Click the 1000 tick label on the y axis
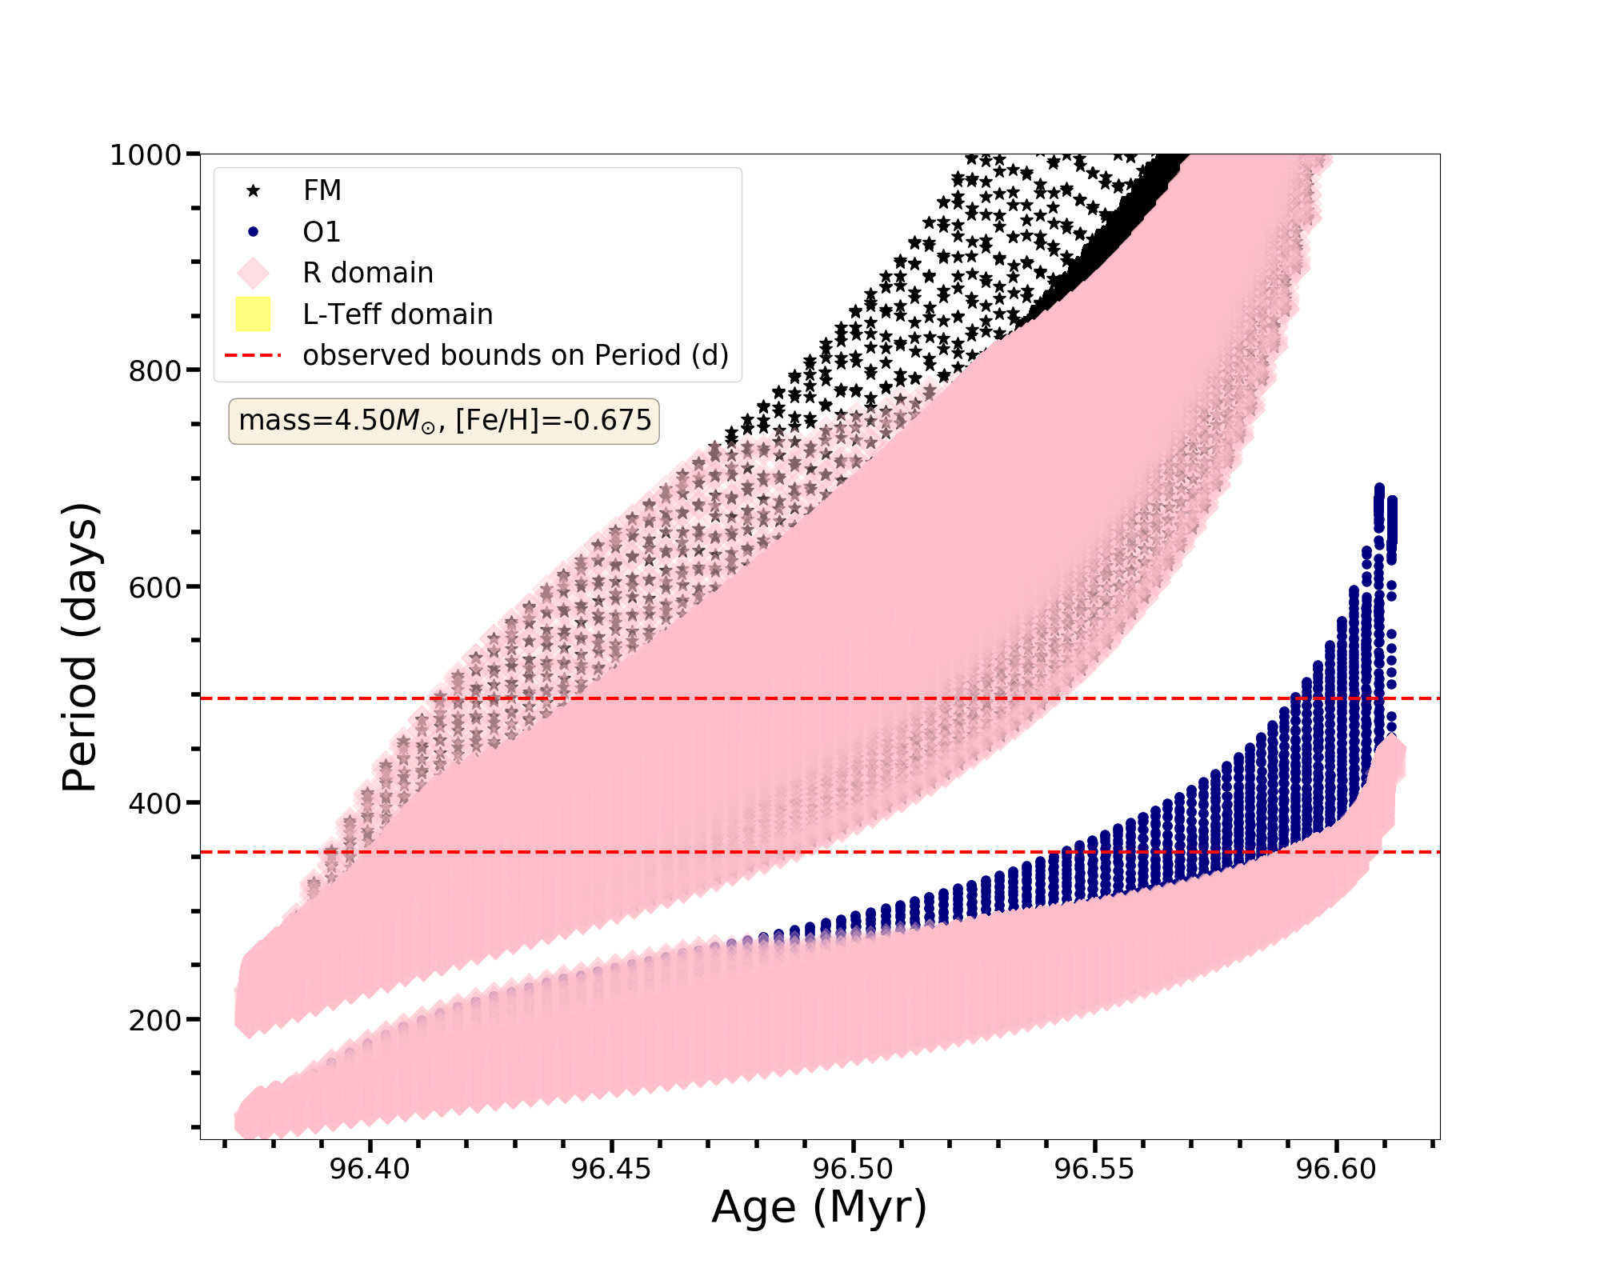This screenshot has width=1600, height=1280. [146, 154]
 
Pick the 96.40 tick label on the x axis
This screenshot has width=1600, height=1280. [370, 1169]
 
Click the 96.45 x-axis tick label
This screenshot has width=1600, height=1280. [611, 1169]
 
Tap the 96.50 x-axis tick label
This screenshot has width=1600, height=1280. [853, 1169]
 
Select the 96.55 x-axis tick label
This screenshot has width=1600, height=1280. [1094, 1169]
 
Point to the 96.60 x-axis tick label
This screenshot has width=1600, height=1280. [1336, 1169]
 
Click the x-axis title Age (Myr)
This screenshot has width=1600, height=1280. [819, 1206]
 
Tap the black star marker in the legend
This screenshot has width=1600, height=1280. [253, 190]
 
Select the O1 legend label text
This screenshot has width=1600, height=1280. [322, 232]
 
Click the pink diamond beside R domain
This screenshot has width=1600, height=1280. [253, 273]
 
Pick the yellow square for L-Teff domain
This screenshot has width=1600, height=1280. [253, 314]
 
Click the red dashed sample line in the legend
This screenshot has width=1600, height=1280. [253, 355]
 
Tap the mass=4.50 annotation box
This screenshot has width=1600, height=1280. [444, 421]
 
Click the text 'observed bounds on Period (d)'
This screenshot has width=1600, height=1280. [515, 355]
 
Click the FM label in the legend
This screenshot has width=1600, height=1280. [322, 190]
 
